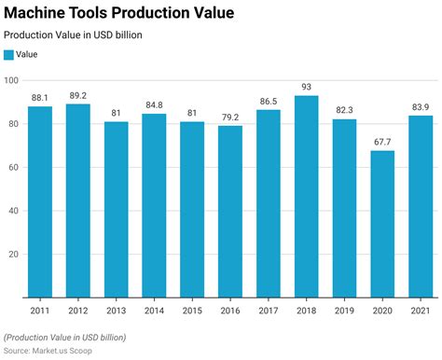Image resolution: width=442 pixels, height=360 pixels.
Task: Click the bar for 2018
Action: coord(306,197)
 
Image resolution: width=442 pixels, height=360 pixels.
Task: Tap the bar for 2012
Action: coord(77,201)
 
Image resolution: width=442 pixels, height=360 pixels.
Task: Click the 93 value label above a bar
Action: coord(306,87)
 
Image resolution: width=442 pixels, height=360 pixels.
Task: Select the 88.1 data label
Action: coord(40,97)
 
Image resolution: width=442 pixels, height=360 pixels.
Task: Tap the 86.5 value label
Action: coord(268,101)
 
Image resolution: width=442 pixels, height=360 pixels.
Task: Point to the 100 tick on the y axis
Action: coord(11,80)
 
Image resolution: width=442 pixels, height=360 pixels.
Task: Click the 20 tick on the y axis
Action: coord(14,255)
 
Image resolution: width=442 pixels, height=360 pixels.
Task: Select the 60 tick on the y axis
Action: coord(14,168)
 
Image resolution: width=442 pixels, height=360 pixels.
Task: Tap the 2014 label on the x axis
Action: coord(154,311)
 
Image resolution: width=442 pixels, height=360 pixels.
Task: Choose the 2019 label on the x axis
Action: coord(344,311)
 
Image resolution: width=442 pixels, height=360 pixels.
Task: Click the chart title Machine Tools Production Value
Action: coord(118,13)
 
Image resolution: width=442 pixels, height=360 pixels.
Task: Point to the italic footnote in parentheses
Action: coord(64,337)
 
